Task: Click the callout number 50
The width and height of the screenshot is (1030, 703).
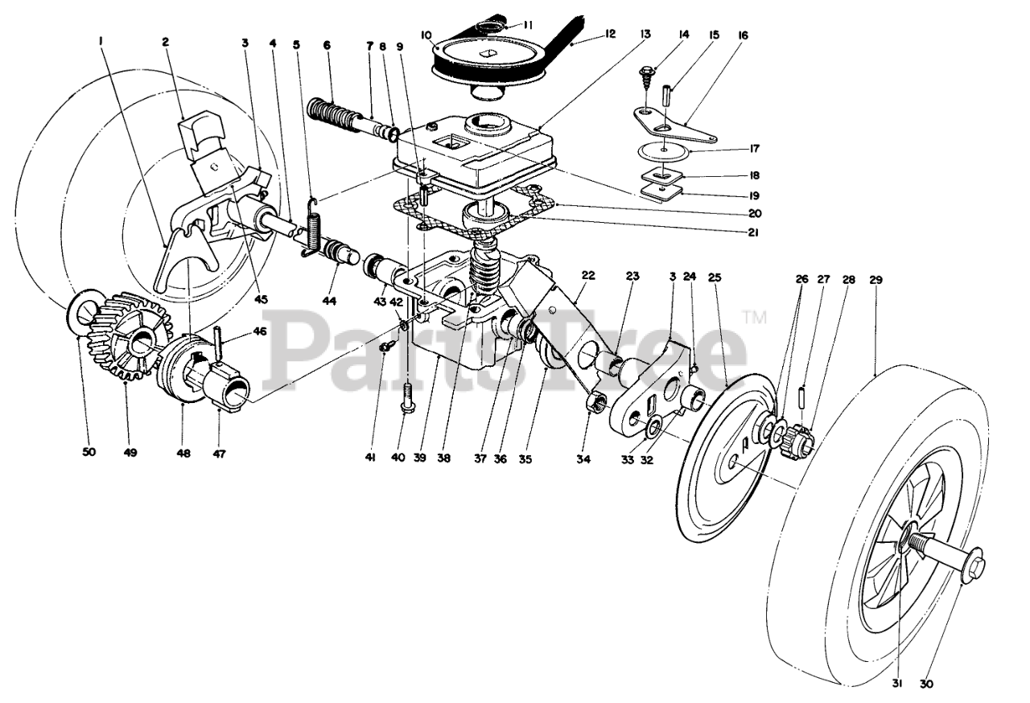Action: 89,452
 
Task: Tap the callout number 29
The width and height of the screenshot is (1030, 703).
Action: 876,280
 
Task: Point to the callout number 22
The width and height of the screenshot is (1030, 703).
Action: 588,275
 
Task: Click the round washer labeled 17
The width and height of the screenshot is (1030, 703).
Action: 665,150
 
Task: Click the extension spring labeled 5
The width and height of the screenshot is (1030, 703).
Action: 313,228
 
